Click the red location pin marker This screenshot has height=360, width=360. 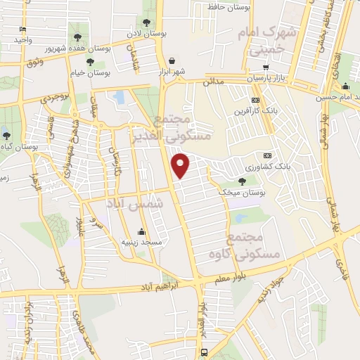click(x=182, y=165)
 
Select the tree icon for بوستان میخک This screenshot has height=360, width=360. click(x=242, y=181)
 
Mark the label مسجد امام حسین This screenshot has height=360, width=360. click(x=330, y=97)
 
